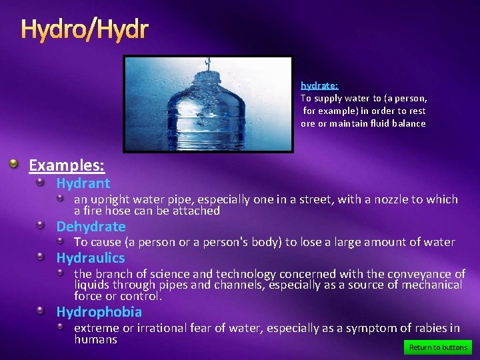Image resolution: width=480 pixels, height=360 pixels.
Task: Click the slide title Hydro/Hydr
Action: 84,29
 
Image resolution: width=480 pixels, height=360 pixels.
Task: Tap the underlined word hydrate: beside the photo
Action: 319,85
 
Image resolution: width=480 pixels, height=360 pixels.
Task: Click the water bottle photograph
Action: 207,104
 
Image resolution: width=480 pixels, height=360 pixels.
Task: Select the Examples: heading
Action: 67,165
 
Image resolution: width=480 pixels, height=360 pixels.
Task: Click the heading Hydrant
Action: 83,183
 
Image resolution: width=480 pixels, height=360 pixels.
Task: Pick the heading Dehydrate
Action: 91,227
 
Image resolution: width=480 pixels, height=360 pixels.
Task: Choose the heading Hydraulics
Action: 90,258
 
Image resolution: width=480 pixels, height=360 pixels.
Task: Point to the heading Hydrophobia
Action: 99,312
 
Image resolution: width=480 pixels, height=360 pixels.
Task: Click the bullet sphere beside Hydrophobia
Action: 41,311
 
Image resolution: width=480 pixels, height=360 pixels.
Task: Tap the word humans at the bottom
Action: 95,339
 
